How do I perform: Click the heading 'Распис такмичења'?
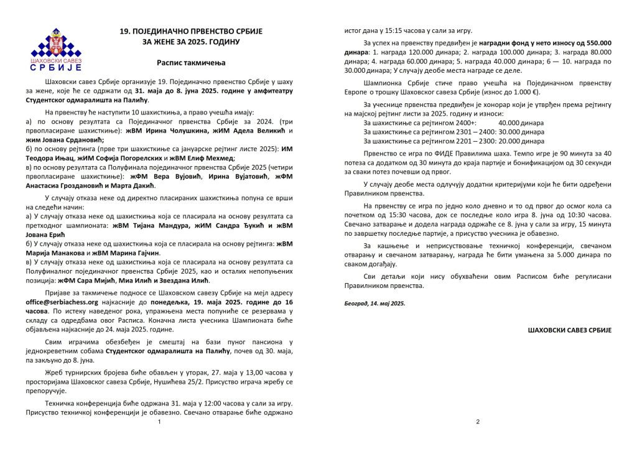coord(192,63)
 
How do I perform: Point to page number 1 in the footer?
coord(159,422)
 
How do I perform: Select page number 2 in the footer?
coord(478,422)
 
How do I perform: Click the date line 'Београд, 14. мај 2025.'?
coord(374,303)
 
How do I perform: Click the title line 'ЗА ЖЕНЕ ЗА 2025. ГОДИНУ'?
coord(192,42)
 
